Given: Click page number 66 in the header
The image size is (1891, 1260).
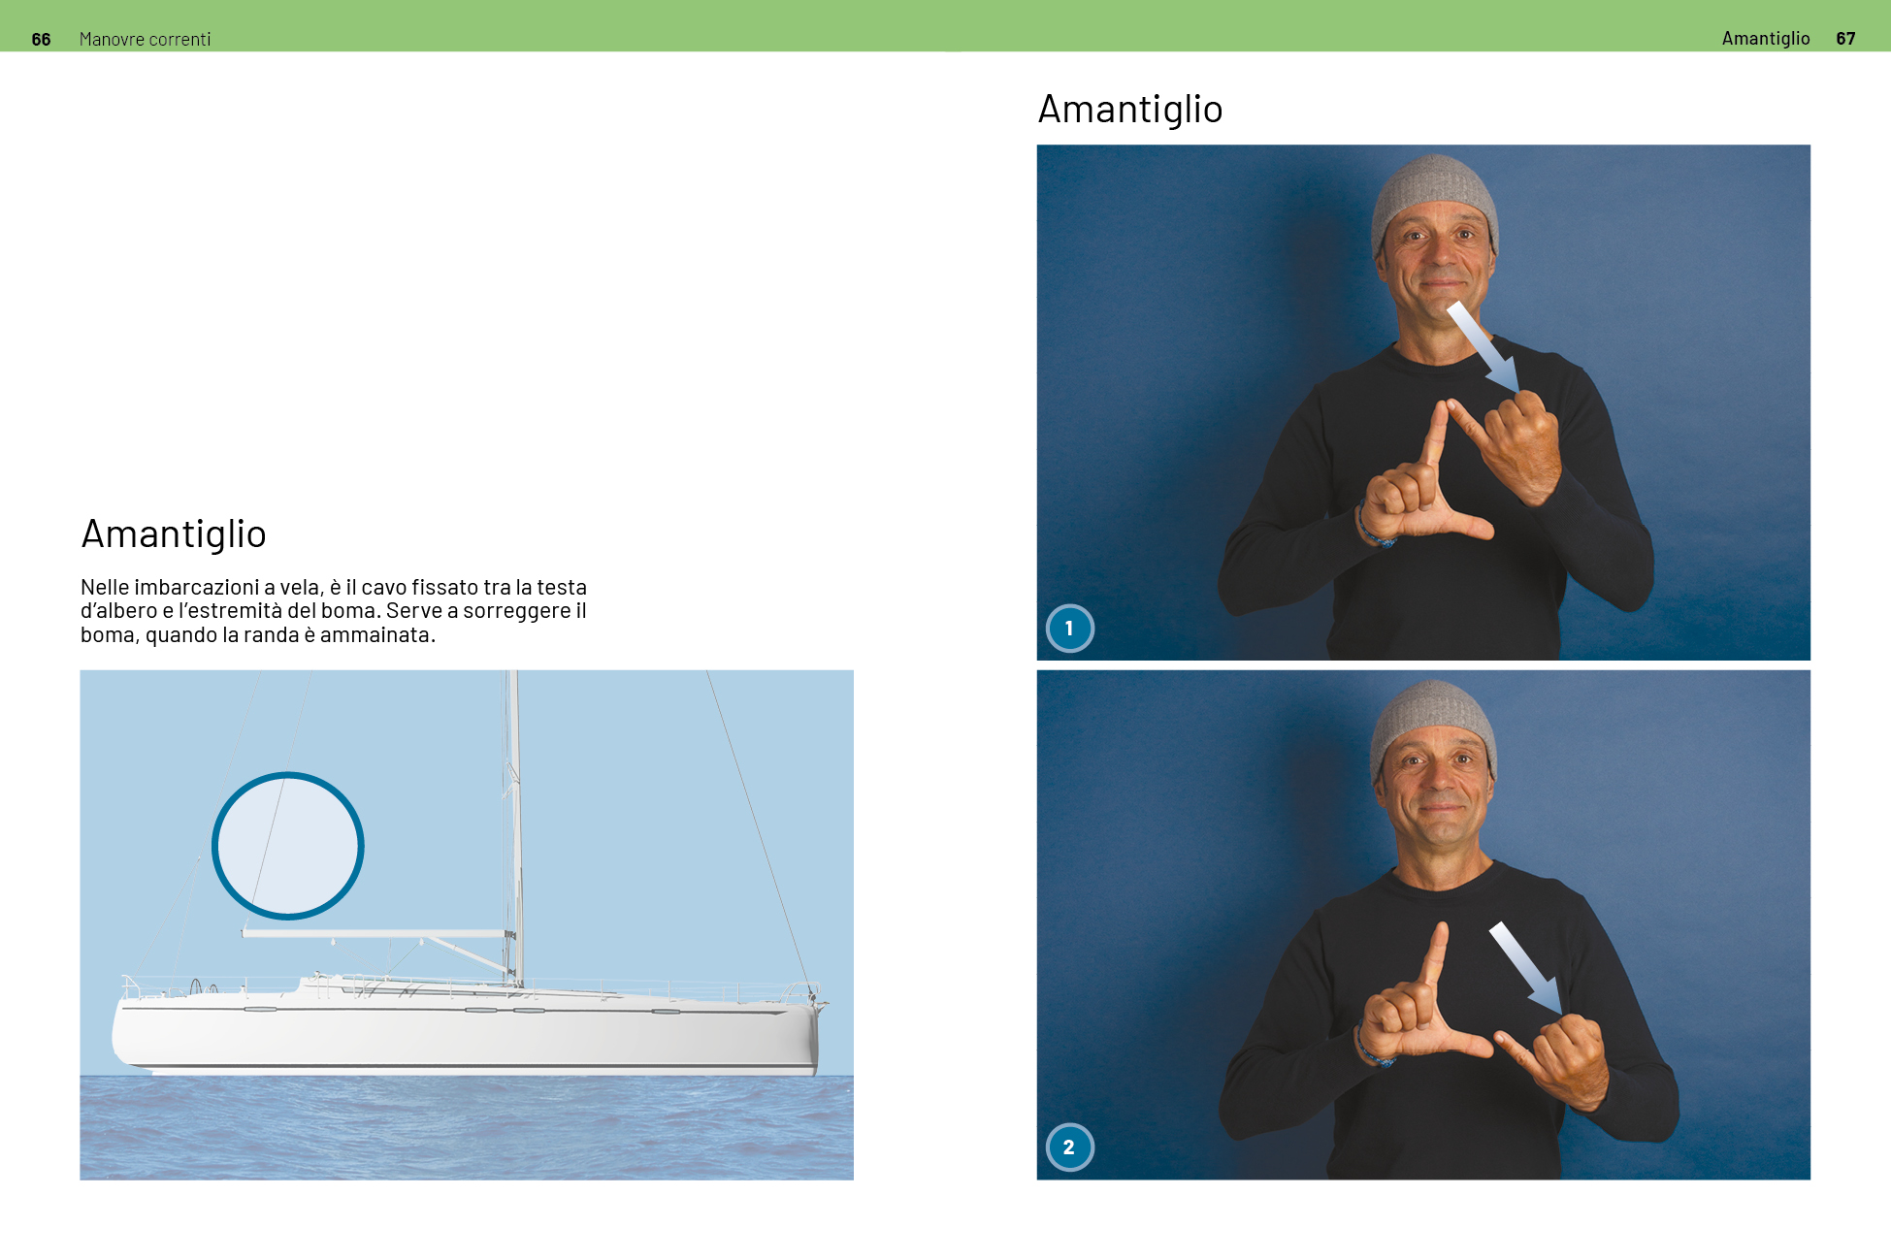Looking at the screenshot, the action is click(41, 39).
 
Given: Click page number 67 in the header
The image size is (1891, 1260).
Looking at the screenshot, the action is click(1845, 39).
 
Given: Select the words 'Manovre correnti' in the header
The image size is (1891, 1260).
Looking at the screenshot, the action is click(145, 39).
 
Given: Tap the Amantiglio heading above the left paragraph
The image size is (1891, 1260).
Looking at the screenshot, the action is click(174, 534).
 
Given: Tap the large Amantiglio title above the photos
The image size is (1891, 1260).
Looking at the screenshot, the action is click(1130, 110).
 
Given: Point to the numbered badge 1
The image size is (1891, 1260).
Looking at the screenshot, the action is click(1069, 629).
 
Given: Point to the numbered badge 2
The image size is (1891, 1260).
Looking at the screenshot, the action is click(1069, 1147).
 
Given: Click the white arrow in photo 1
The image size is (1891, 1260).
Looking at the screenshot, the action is click(1483, 346).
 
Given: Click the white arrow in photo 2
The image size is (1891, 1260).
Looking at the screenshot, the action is click(1525, 968).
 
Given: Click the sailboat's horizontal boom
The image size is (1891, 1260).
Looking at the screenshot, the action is click(377, 934).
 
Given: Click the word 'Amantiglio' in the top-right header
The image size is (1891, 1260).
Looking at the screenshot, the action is click(1766, 39).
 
